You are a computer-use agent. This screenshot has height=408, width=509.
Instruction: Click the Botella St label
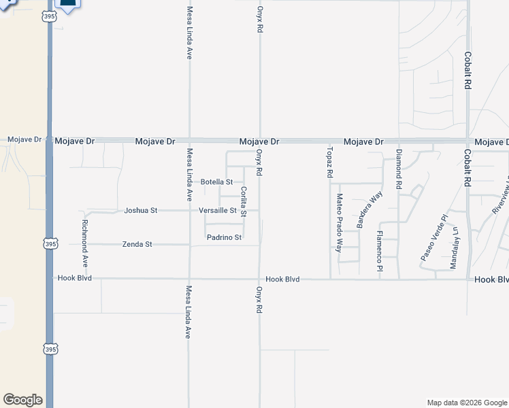pos(217,182)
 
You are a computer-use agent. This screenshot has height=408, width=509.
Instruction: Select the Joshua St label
pos(141,211)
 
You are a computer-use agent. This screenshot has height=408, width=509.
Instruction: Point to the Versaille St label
pos(217,211)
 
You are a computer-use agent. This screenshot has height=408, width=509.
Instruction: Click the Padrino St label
pos(225,237)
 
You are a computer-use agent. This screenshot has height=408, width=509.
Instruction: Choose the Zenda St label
pos(137,243)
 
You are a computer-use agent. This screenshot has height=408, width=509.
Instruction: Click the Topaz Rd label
pos(329,162)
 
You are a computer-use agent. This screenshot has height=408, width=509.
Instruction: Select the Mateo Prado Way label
pos(339,222)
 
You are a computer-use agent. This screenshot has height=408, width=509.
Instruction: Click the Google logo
pos(22,400)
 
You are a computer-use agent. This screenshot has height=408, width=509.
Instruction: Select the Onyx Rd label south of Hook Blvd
pos(259,299)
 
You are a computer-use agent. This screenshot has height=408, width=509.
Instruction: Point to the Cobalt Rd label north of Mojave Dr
pos(467,71)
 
